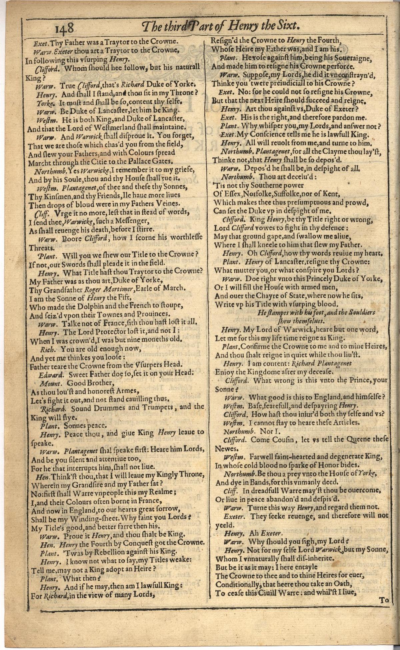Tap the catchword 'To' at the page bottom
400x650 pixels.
(x=384, y=600)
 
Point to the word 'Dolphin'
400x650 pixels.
(x=82, y=306)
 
